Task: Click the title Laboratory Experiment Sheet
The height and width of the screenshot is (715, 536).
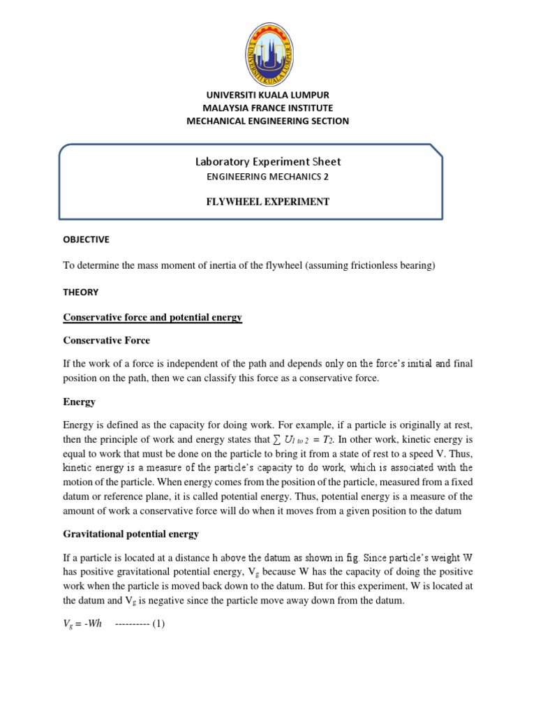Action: coord(268,161)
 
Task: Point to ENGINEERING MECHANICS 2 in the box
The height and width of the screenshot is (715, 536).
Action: coord(267,177)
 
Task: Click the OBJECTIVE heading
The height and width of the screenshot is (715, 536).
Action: coord(86,239)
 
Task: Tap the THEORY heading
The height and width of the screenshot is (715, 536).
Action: coord(80,292)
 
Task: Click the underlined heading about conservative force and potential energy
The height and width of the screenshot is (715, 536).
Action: coord(152,317)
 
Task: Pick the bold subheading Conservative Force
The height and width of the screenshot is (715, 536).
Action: coord(106,340)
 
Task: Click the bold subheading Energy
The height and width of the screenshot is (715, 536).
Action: coord(79,402)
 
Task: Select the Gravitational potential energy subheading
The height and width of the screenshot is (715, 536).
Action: coord(131,533)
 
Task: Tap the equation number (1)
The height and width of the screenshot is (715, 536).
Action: coord(156,624)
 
